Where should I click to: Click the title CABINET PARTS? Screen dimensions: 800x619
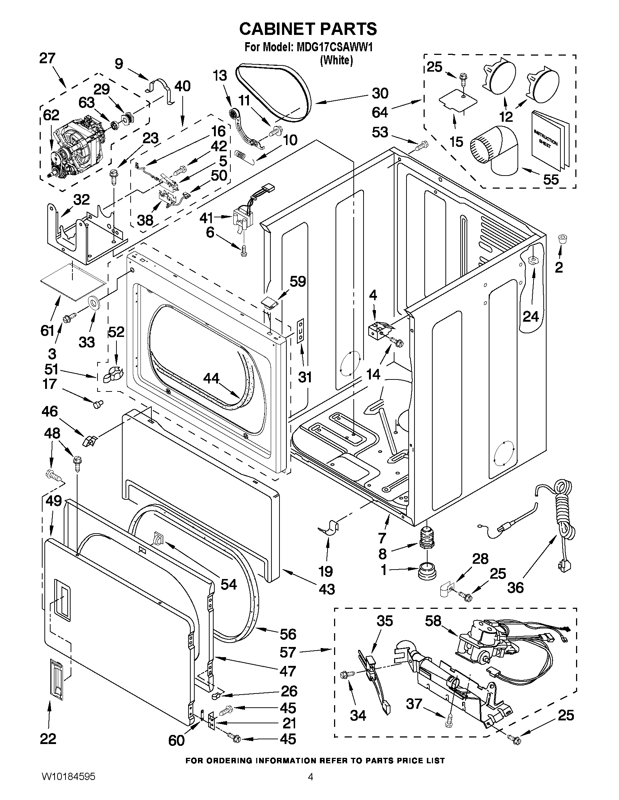308,29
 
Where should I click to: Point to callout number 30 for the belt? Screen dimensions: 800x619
380,93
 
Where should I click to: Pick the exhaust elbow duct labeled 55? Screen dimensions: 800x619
495,150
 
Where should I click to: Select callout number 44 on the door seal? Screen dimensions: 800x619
211,378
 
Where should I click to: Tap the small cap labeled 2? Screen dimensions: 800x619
562,239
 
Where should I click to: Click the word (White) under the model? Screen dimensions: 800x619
336,60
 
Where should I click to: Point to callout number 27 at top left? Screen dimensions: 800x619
48,59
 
